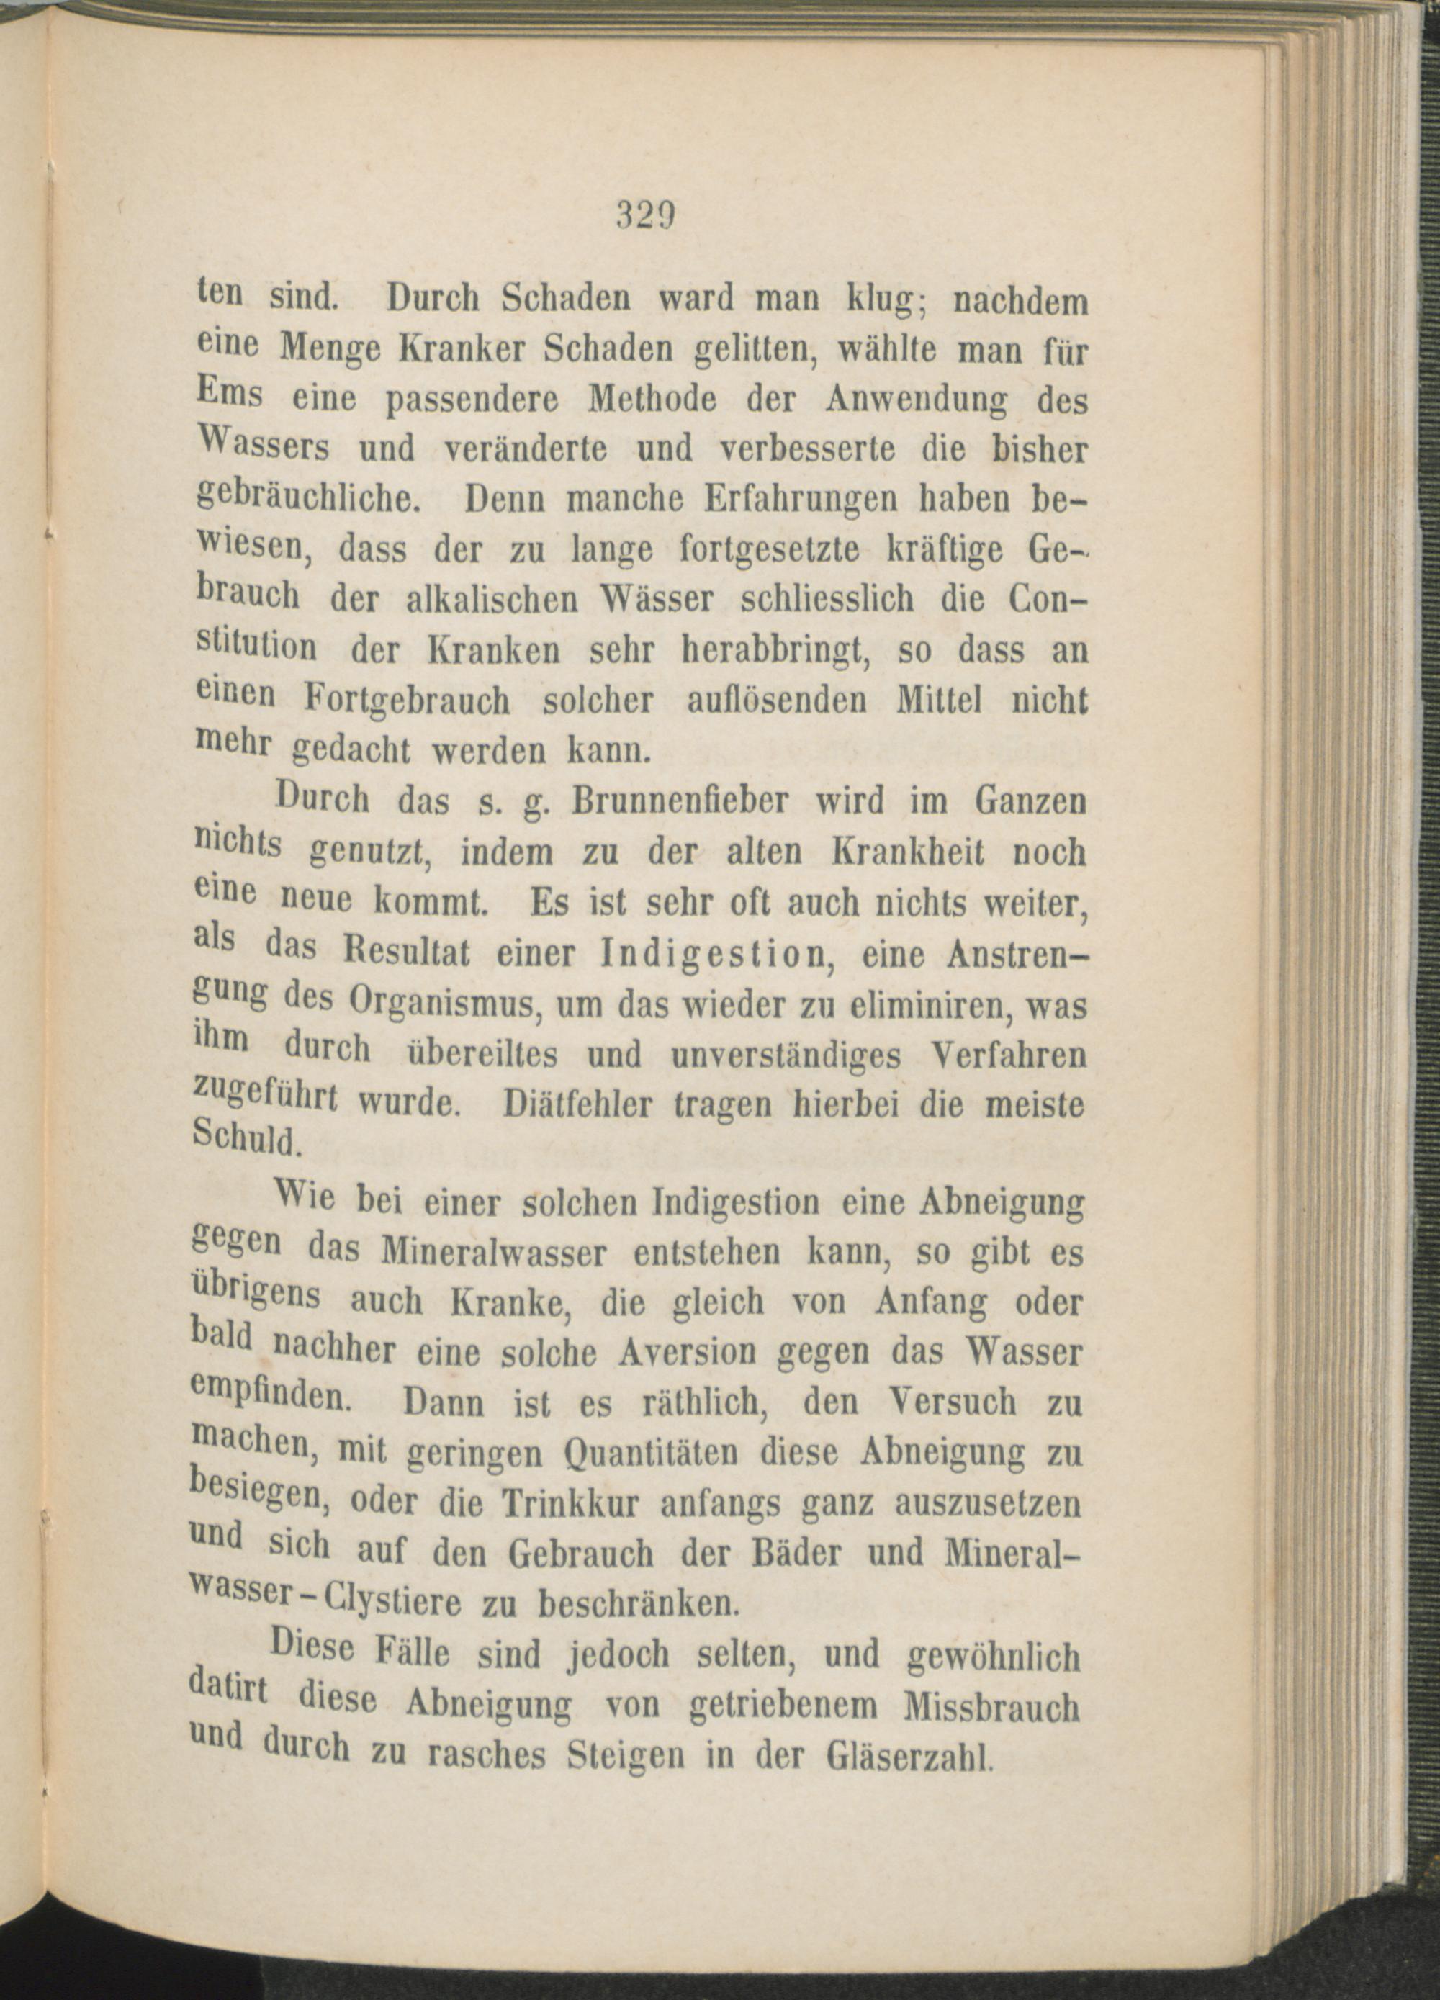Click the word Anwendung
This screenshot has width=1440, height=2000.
(915, 402)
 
